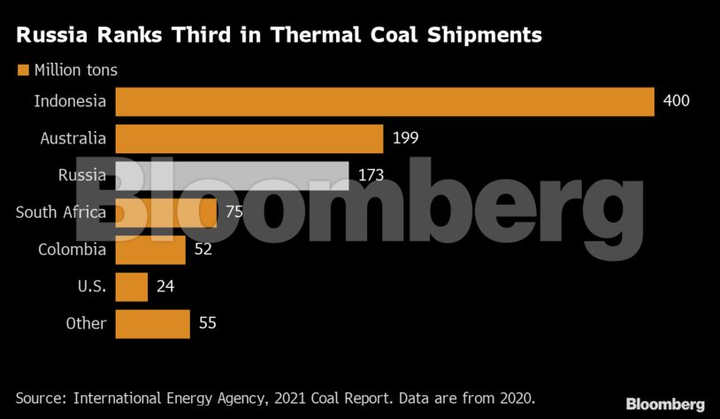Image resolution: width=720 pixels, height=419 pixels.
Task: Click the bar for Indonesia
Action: pos(384,101)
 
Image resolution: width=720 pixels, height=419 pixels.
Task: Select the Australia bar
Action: pos(249,138)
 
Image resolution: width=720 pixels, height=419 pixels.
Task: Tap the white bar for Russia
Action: pos(232,175)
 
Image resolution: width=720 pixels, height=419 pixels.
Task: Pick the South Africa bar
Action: pos(166,213)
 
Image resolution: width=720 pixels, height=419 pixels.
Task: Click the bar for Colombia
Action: pos(150,250)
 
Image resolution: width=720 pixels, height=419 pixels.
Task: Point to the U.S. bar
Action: pos(132,286)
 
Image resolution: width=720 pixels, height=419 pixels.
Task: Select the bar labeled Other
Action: pos(152,323)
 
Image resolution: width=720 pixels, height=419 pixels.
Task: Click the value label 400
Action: pos(676,101)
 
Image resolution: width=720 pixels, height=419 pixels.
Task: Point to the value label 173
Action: pos(371,175)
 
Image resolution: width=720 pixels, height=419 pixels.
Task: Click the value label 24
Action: pos(165,286)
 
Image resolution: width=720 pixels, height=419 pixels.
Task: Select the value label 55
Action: pos(207,323)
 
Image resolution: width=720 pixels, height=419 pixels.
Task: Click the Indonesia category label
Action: pos(70,101)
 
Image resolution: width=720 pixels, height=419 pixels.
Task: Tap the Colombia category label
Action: pos(72,250)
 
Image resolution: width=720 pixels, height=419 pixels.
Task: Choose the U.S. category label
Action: pos(91,286)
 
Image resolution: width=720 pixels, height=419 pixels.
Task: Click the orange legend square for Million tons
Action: pos(23,69)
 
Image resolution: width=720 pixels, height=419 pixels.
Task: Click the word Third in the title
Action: pos(254,35)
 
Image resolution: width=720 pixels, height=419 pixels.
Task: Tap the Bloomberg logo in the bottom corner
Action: pos(665,404)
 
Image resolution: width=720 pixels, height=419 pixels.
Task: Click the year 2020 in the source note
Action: pos(514,397)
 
